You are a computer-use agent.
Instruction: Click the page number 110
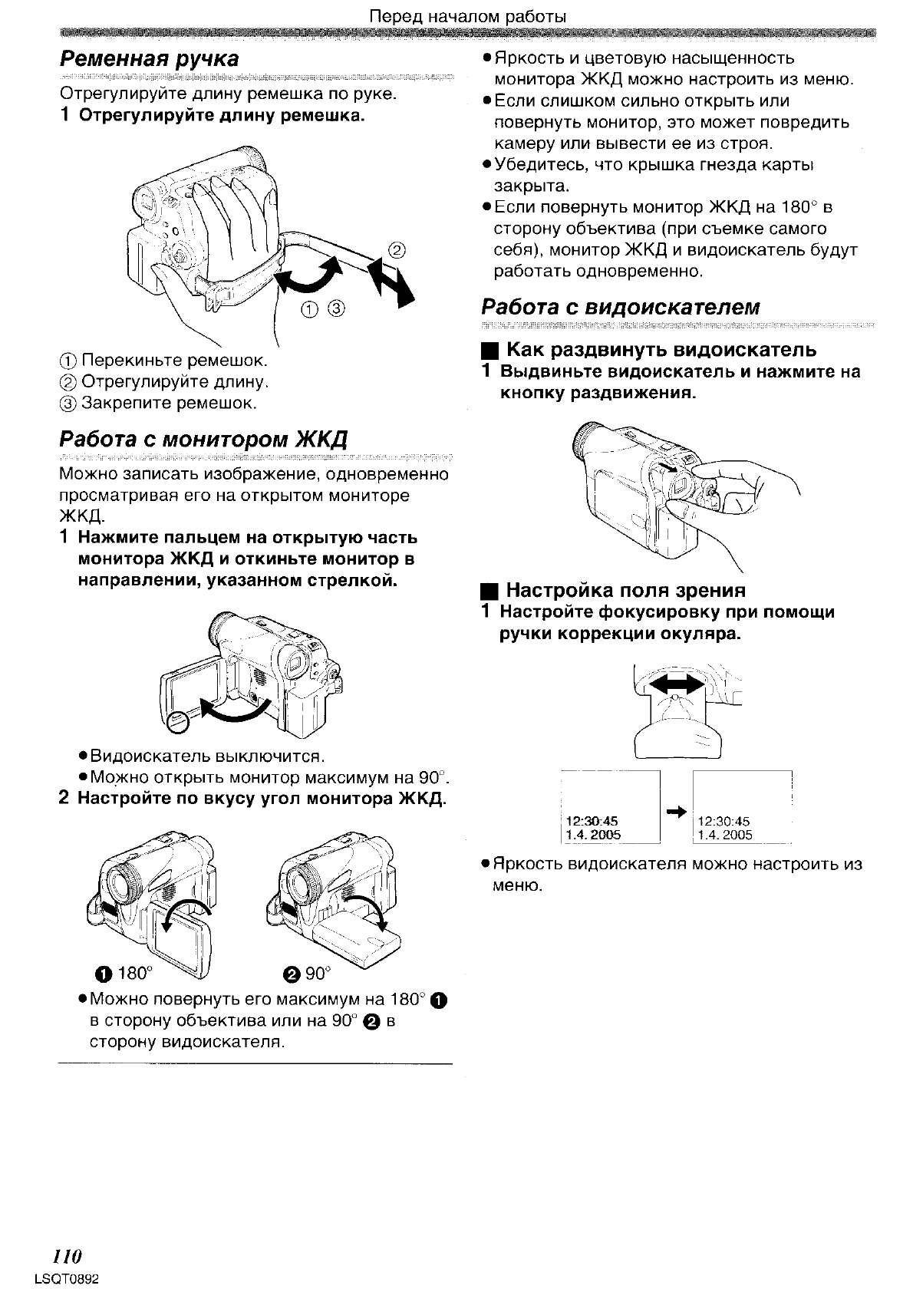pyautogui.click(x=66, y=1256)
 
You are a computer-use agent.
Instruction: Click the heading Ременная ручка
pyautogui.click(x=150, y=59)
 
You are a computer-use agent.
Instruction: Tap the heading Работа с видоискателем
pyautogui.click(x=621, y=307)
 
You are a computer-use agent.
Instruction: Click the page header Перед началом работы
pyautogui.click(x=468, y=16)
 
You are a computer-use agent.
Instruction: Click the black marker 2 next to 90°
pyautogui.click(x=291, y=974)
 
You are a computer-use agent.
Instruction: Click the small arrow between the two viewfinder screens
pyautogui.click(x=676, y=812)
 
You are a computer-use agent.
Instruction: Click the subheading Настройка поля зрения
pyautogui.click(x=626, y=590)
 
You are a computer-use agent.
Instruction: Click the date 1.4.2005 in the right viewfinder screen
pyautogui.click(x=725, y=835)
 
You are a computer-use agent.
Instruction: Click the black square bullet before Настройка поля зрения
pyautogui.click(x=487, y=591)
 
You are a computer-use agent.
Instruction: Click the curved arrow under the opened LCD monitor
pyautogui.click(x=234, y=710)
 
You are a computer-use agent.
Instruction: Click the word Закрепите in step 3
pyautogui.click(x=127, y=403)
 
